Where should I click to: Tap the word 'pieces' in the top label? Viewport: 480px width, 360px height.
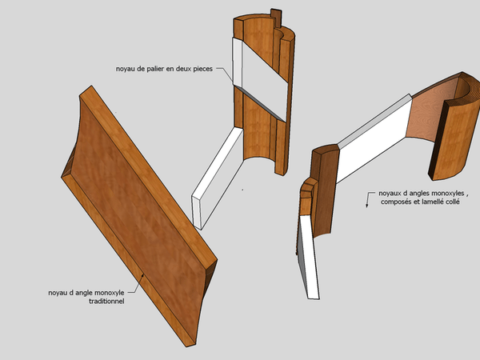(x=202, y=69)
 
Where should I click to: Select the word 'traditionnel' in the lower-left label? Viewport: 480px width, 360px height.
(x=106, y=302)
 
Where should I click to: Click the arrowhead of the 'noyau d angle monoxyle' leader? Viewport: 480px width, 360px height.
(x=142, y=276)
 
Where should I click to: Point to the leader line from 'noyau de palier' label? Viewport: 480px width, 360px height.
(x=225, y=74)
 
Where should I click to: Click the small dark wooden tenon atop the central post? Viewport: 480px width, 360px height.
(x=276, y=18)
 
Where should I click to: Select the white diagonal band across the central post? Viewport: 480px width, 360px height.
(x=260, y=79)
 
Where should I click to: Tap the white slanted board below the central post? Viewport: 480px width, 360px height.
(x=218, y=178)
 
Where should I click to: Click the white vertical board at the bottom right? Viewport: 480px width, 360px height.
(x=309, y=257)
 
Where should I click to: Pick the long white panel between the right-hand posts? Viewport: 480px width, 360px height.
(x=375, y=138)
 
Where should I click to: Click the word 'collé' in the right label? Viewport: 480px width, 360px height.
(x=452, y=202)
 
